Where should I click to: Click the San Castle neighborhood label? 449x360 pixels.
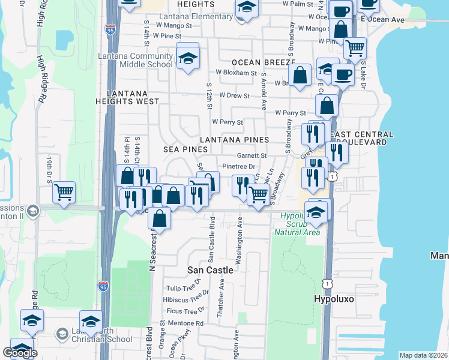coord(210,270)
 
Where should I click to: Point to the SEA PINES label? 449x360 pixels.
coord(184,148)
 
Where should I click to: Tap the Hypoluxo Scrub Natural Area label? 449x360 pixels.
coord(297,223)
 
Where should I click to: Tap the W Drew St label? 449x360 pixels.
coord(234,95)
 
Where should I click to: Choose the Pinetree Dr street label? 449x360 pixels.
coord(239,166)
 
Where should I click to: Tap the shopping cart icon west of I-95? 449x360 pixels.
coord(64,192)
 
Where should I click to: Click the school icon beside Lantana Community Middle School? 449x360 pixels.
coord(188,58)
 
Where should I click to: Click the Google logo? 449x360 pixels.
coord(20,353)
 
